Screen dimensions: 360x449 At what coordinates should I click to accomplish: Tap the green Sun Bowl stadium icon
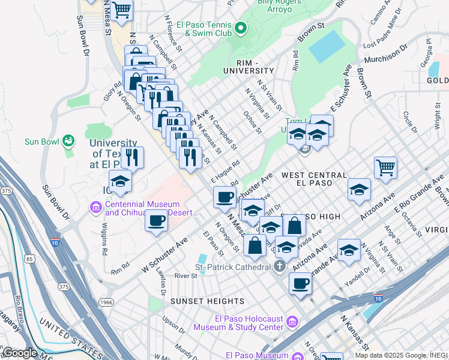[x=68, y=141]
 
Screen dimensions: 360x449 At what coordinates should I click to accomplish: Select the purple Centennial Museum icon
[x=95, y=208]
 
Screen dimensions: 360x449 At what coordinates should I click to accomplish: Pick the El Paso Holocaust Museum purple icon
[x=292, y=323]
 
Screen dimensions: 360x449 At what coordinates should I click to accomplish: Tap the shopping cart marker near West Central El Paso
[x=385, y=167]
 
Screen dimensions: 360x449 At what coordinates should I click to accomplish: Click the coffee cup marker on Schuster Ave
[x=225, y=196]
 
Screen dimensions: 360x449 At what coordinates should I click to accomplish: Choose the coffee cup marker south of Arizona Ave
[x=300, y=283]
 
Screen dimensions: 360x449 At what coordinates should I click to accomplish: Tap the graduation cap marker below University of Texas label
[x=120, y=181]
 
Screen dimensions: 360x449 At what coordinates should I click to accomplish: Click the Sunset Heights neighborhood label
[x=198, y=301]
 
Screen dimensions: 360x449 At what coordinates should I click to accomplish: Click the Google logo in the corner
[x=19, y=353]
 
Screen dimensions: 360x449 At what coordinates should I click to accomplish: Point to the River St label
[x=185, y=276]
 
